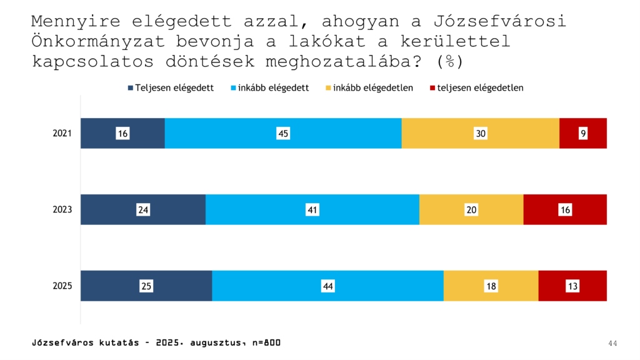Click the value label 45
283,133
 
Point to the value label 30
480,133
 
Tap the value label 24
143,210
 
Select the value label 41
312,210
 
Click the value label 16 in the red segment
565,210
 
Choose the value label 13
572,286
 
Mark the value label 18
491,286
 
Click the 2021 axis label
62,133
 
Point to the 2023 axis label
62,210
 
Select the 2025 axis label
62,286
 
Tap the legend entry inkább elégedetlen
372,88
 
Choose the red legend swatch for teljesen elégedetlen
433,88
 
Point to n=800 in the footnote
266,342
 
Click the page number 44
612,343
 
